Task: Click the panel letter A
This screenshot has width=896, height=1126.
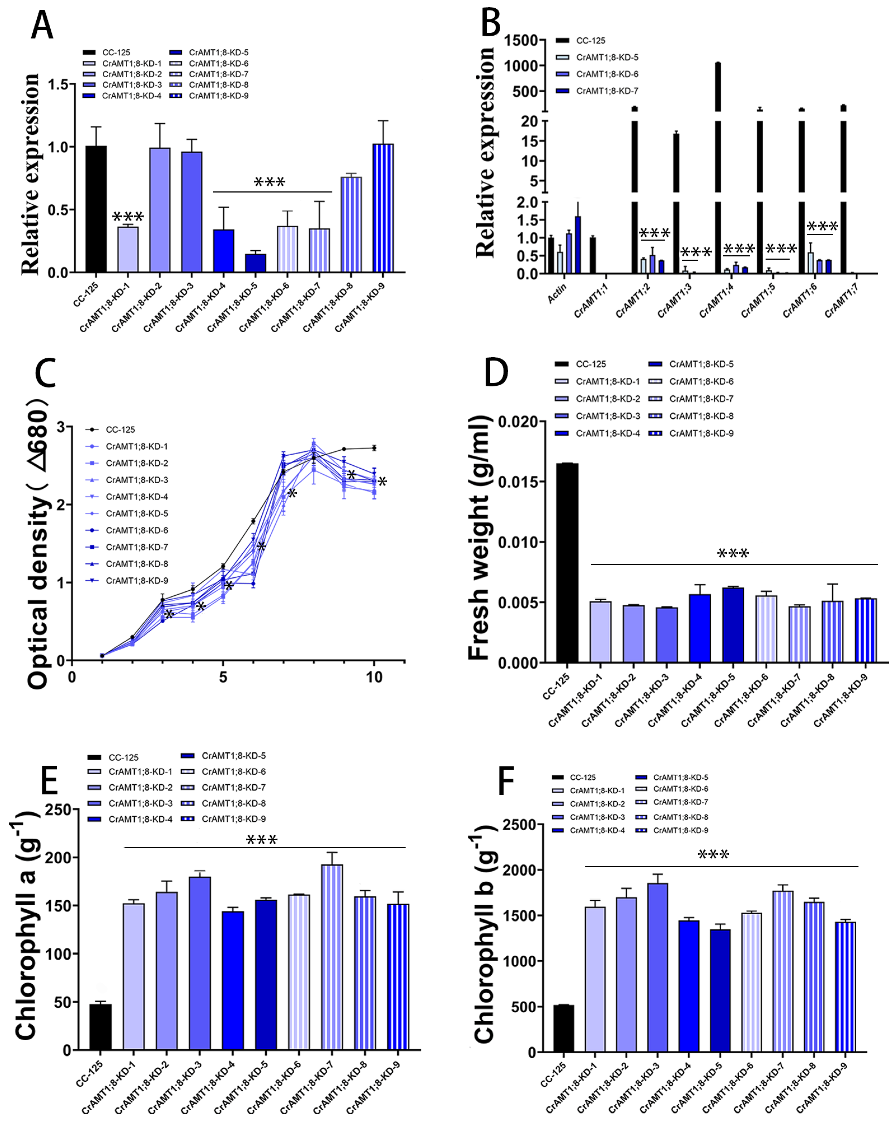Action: pyautogui.click(x=42, y=26)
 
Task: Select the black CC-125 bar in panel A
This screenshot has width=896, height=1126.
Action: pyautogui.click(x=96, y=209)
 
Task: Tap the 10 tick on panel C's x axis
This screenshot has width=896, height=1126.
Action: pyautogui.click(x=374, y=678)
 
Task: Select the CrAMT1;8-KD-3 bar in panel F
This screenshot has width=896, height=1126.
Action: pyautogui.click(x=658, y=967)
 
